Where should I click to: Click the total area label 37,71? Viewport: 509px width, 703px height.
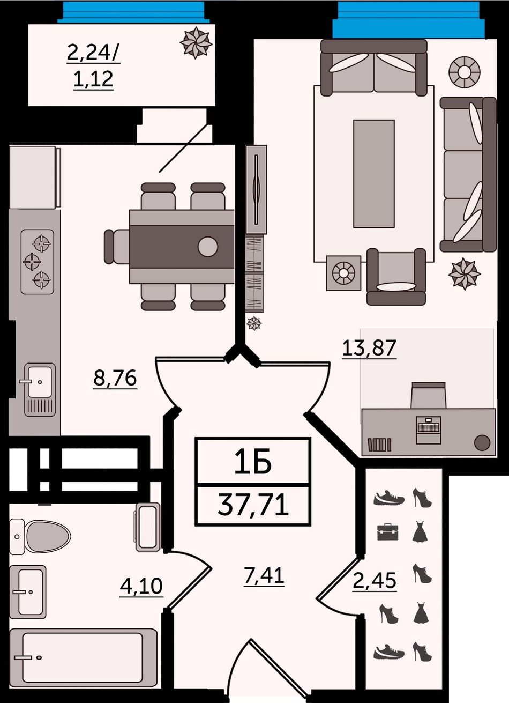(x=253, y=505)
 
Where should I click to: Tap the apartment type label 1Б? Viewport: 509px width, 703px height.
(x=253, y=461)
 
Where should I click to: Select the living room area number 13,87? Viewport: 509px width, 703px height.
(x=369, y=348)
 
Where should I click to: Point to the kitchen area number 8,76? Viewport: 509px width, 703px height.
(x=115, y=378)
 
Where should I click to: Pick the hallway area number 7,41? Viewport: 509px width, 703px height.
(x=264, y=575)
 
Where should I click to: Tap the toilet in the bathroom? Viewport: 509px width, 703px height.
(x=40, y=536)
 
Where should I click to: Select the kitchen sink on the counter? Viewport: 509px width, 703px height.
(x=40, y=390)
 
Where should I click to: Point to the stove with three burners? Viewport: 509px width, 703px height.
(x=38, y=262)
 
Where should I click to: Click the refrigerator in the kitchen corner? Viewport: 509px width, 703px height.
(x=35, y=177)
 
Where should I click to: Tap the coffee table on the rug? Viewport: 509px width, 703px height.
(x=373, y=174)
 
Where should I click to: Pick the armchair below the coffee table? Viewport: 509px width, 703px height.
(x=396, y=277)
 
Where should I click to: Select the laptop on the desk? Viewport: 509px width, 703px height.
(x=429, y=430)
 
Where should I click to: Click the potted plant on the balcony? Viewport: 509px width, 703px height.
(x=196, y=43)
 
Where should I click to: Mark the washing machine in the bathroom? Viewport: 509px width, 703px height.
(x=148, y=527)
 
